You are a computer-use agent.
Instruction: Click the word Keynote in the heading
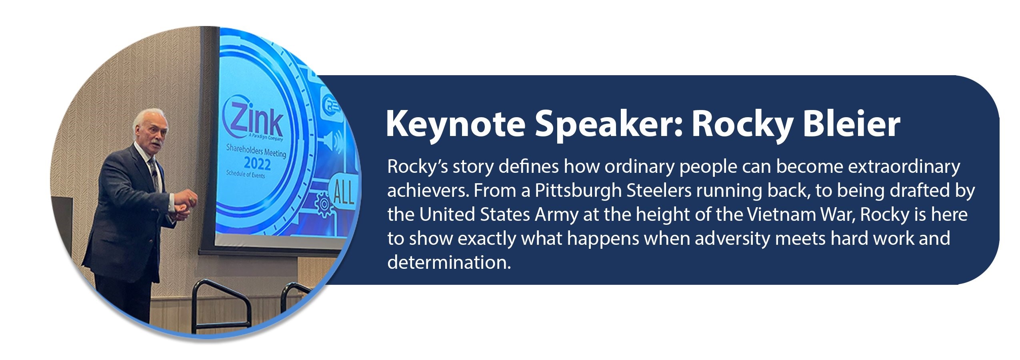455,125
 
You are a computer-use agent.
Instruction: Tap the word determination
449,262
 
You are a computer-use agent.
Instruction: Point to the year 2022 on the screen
257,164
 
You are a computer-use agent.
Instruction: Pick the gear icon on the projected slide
324,204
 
